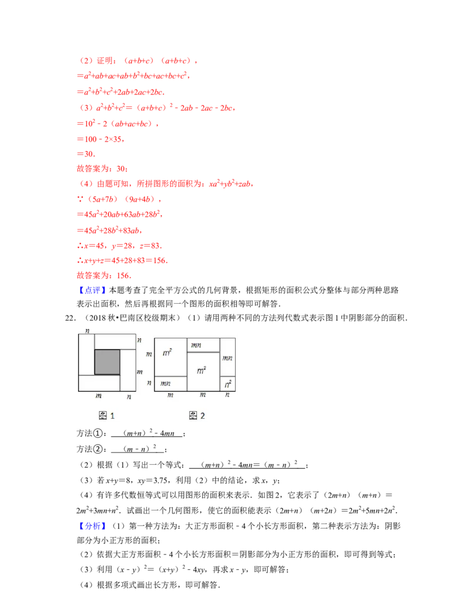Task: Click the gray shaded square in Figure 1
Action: [107, 362]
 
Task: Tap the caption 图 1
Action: [106, 416]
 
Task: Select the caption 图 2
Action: [197, 416]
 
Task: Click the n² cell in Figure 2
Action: [229, 384]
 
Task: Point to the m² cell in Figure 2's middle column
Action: [202, 371]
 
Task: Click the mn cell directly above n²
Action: [228, 357]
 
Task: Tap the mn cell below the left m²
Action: [166, 384]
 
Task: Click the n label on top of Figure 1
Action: [86, 331]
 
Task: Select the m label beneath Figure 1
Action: [98, 397]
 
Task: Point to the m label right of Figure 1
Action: [140, 372]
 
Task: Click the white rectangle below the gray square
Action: [99, 383]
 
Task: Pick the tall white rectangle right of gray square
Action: [128, 370]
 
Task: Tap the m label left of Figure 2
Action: [148, 354]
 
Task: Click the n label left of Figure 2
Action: [148, 382]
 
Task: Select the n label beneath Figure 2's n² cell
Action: [229, 395]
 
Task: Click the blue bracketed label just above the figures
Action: [93, 290]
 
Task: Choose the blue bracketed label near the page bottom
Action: [93, 526]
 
